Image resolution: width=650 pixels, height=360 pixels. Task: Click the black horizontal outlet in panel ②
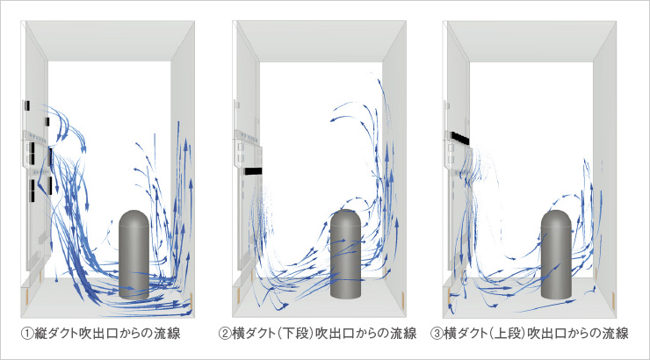[254, 171]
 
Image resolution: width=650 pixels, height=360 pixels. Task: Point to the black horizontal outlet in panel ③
[459, 137]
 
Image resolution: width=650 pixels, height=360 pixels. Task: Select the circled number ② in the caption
[225, 334]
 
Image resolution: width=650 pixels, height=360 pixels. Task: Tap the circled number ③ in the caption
[437, 334]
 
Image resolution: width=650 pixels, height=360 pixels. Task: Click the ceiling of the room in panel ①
[110, 40]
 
